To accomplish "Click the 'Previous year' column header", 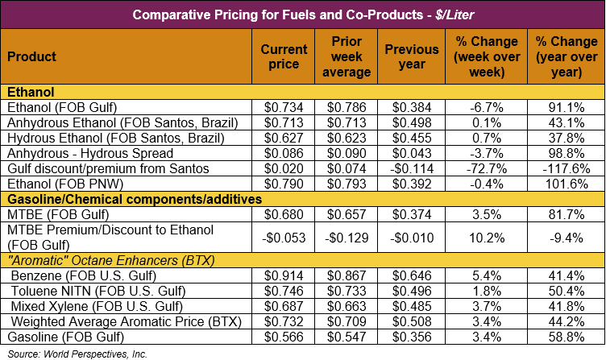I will (411, 57).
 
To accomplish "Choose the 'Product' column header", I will (32, 57).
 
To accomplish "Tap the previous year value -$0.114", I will (411, 168).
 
